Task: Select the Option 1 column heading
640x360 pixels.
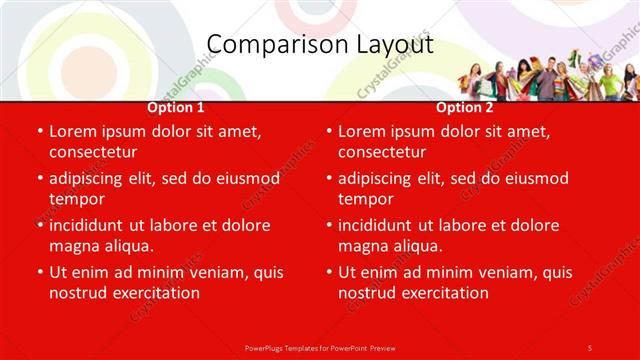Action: tap(176, 107)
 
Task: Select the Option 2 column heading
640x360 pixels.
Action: tap(465, 107)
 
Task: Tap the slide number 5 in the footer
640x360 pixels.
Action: tap(589, 347)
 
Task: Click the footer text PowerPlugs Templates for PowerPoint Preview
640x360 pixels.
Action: tap(319, 347)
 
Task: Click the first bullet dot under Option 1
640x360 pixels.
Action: tap(40, 132)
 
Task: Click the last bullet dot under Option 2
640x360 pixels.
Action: tap(329, 272)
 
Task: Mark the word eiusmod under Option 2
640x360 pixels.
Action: tap(535, 178)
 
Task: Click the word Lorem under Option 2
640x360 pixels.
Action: tap(362, 132)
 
